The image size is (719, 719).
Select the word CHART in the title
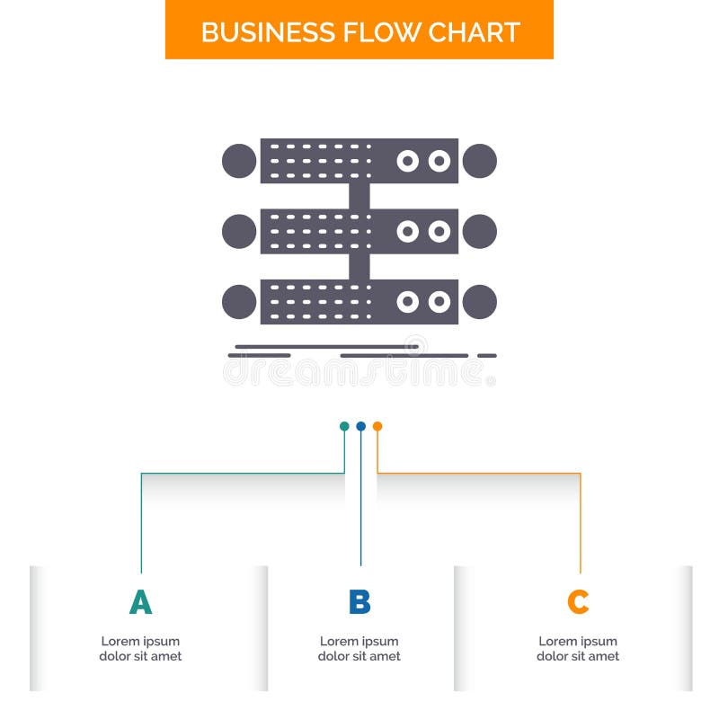click(474, 31)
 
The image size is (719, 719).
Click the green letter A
click(140, 602)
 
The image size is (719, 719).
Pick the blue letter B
click(359, 602)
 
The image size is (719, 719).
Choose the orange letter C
click(578, 602)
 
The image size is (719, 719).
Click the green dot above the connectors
click(344, 426)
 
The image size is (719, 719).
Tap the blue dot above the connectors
click(360, 426)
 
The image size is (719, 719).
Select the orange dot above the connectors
click(377, 426)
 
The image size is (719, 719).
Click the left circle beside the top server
click(239, 161)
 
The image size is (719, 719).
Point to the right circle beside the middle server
click(480, 231)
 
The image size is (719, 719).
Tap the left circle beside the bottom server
click(239, 302)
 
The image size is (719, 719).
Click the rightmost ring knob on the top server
click(439, 161)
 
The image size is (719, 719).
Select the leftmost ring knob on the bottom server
click(408, 302)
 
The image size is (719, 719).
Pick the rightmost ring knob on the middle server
click(439, 231)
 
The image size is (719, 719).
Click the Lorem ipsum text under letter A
click(140, 649)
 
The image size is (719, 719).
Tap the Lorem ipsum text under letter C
click(578, 649)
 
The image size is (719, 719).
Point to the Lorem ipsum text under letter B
click(359, 649)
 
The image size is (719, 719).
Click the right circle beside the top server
click(480, 161)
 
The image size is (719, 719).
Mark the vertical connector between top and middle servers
click(359, 196)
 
